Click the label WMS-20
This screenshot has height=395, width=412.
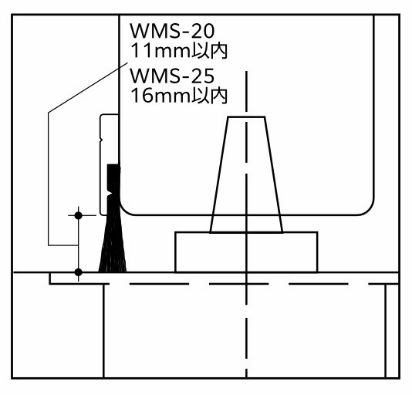[172, 31]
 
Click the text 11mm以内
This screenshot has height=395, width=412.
[179, 51]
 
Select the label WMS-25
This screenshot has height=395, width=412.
[172, 76]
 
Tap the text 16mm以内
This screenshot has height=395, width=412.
[179, 96]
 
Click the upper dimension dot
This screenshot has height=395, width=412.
[78, 215]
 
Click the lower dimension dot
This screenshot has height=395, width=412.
[78, 272]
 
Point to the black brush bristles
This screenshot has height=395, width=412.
[113, 245]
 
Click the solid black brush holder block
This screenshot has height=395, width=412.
[113, 177]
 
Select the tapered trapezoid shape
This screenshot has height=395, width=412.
[246, 174]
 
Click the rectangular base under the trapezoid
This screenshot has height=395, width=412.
[246, 252]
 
